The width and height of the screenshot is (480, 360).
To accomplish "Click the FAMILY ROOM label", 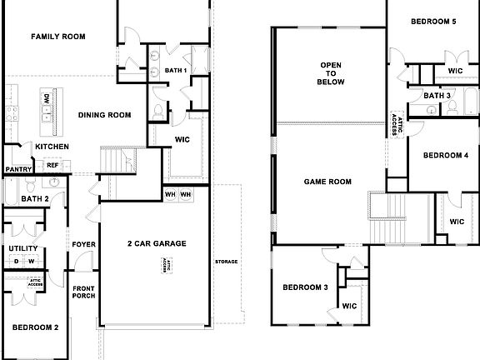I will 58,37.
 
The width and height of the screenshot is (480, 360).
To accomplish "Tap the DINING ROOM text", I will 105,115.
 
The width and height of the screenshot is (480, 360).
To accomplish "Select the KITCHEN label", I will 52,147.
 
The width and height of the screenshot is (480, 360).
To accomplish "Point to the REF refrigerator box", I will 52,165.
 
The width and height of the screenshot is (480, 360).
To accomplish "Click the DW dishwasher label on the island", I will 47,98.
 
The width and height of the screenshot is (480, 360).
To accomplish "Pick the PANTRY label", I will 17,169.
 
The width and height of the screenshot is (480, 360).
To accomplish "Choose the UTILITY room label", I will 22,248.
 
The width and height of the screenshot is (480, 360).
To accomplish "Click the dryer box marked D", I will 16,262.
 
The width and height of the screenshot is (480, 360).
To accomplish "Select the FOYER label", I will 82,244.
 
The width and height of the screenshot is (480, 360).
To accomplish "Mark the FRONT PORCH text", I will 83,293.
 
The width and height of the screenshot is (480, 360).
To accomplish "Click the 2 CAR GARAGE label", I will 156,243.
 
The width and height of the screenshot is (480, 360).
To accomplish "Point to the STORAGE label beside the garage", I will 226,262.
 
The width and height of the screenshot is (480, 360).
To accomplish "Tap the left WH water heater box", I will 169,194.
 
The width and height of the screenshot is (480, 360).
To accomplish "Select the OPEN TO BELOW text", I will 331,73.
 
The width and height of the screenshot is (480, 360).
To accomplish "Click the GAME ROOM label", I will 327,181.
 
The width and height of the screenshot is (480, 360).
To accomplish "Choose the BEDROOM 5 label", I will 432,21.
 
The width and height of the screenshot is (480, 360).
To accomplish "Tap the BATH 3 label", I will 437,96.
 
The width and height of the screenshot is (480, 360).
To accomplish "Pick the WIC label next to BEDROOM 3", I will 349,306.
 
